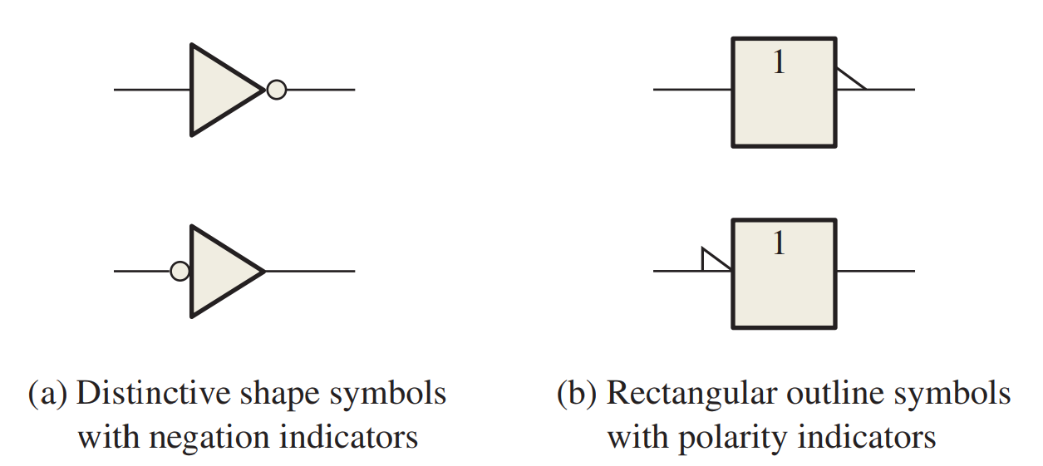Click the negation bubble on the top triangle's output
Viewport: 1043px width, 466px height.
click(276, 89)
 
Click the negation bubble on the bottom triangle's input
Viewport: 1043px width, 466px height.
click(180, 271)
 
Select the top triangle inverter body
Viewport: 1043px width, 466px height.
click(219, 89)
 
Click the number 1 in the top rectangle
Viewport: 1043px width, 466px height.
click(779, 63)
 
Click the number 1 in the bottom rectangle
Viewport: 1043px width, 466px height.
click(779, 243)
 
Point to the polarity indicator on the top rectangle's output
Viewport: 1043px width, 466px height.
click(849, 81)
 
